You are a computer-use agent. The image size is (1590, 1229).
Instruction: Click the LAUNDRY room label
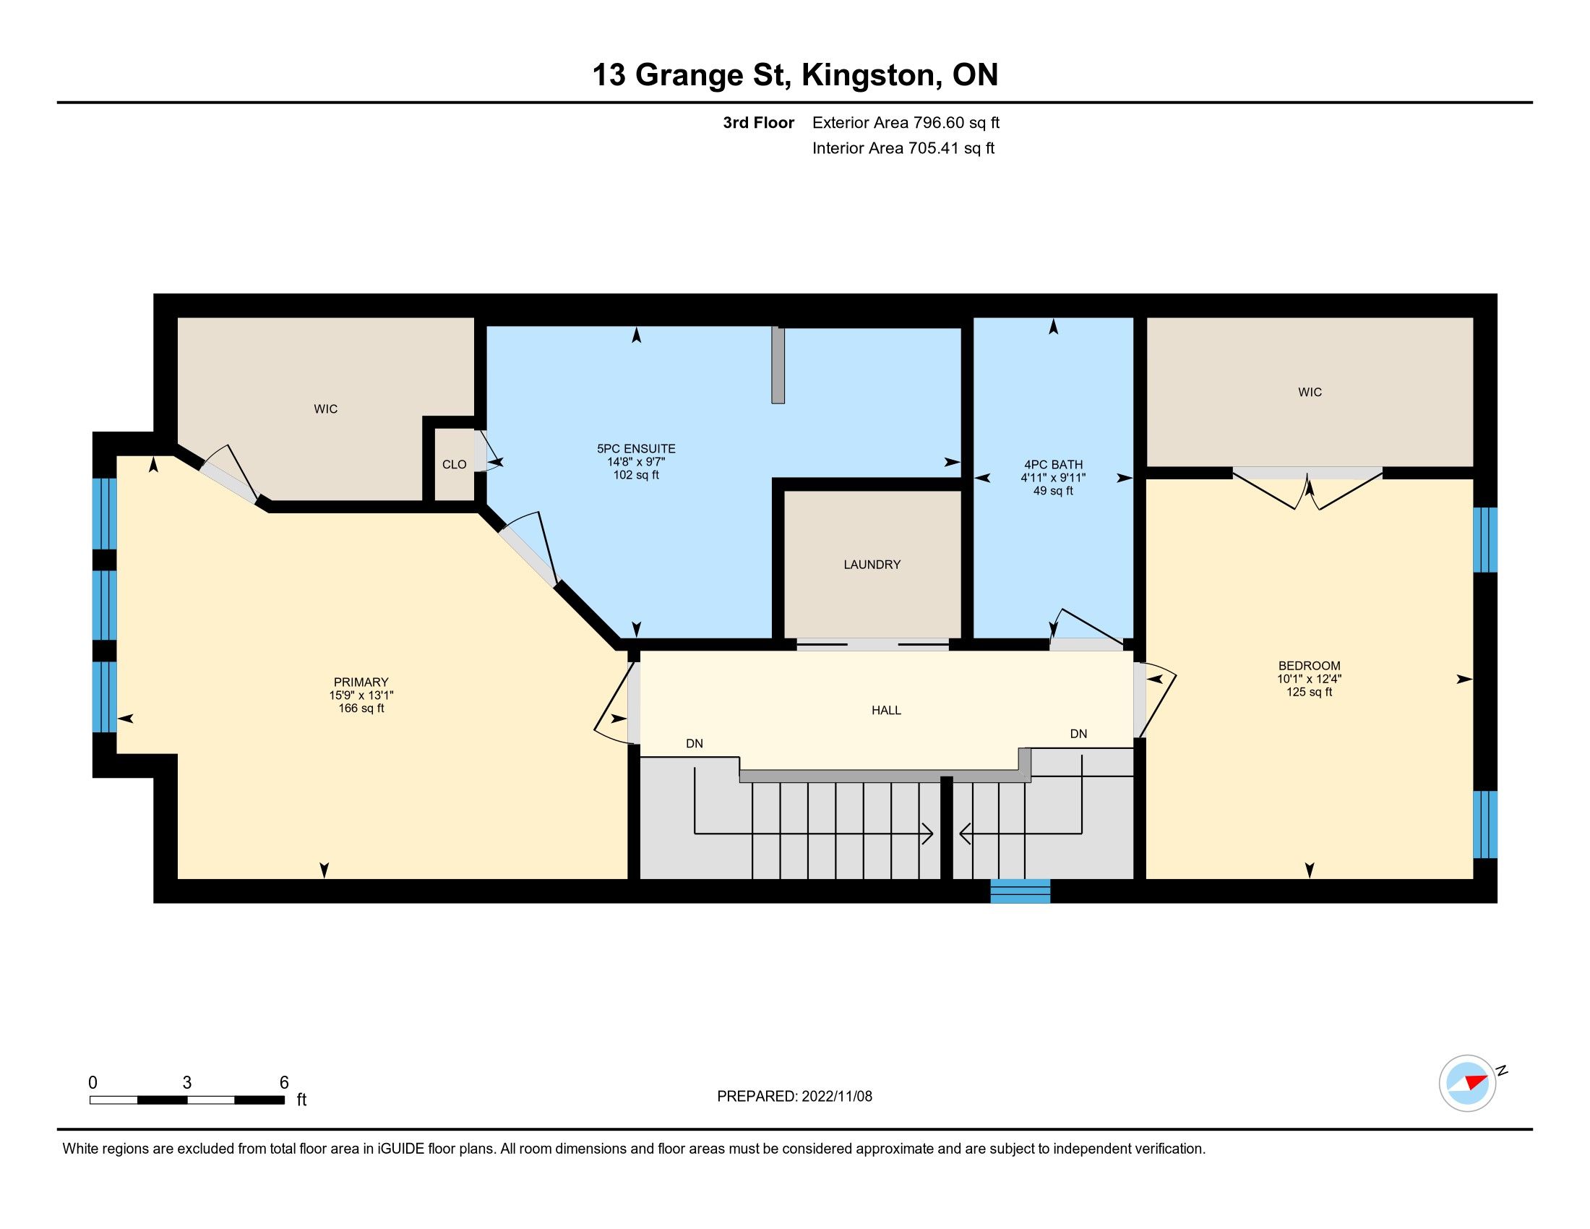point(872,565)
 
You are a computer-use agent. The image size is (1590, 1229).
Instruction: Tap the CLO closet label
point(455,465)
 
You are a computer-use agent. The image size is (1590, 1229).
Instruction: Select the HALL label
point(886,710)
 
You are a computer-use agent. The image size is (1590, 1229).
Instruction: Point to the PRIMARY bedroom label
point(361,682)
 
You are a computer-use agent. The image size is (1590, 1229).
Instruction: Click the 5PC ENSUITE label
point(636,448)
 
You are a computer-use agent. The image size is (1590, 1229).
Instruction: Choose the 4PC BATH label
point(1053,465)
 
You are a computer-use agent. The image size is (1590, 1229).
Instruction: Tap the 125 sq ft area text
point(1309,693)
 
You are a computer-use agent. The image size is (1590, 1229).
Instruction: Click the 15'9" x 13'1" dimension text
point(361,695)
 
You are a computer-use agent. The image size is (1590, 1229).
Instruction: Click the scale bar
point(187,1100)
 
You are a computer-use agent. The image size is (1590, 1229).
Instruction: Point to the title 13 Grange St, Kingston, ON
point(795,75)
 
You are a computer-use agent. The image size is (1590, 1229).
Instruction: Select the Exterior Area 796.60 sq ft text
point(906,122)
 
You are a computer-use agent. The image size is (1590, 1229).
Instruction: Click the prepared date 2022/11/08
point(836,1097)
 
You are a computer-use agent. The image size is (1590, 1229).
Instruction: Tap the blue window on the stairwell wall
point(1020,891)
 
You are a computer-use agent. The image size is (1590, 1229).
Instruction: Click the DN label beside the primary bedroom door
point(695,743)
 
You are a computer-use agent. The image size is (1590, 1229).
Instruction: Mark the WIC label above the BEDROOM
point(1310,393)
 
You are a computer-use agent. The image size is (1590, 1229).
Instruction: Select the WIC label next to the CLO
point(325,409)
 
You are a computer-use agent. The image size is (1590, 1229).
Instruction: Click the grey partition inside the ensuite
point(778,365)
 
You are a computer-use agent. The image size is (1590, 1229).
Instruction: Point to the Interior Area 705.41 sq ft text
point(903,148)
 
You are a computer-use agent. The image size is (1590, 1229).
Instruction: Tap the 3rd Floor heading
point(758,122)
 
